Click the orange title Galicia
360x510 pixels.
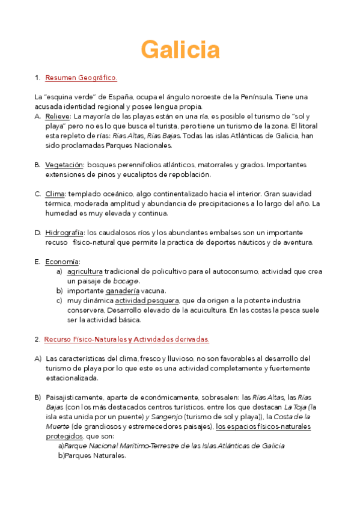(x=180, y=49)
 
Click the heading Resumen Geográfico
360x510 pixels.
(x=81, y=78)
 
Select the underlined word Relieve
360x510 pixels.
(x=58, y=116)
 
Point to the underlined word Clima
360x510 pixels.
(x=55, y=194)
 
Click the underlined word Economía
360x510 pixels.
(x=63, y=262)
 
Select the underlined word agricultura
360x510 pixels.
(x=85, y=271)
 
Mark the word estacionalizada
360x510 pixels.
(x=72, y=378)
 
